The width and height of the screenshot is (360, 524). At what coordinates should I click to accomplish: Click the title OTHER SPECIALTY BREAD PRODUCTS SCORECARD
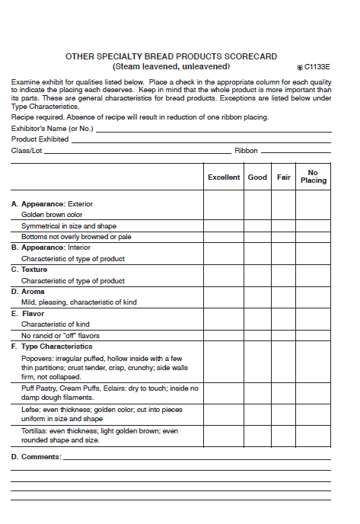[171, 56]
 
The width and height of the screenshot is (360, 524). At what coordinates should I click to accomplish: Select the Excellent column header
[224, 177]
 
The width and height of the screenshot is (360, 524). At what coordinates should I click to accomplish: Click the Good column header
[257, 177]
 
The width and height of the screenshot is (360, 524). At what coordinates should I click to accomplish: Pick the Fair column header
[283, 177]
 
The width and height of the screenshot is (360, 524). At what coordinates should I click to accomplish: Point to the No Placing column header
[313, 177]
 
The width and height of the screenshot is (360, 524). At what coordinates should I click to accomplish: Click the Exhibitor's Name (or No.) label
[52, 129]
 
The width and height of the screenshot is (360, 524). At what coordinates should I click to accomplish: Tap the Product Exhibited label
[40, 139]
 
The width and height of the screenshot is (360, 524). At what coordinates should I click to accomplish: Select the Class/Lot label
[27, 151]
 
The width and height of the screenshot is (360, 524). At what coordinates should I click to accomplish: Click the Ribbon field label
[246, 151]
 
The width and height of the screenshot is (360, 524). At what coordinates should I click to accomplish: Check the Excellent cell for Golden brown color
[224, 215]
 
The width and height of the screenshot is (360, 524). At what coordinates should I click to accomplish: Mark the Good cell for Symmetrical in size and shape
[257, 226]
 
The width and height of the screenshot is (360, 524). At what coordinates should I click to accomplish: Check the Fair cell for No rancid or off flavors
[283, 335]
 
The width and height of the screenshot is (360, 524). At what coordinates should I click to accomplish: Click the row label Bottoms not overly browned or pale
[76, 237]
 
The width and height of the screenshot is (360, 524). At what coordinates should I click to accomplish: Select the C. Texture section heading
[30, 270]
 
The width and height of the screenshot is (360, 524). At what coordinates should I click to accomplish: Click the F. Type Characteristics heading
[52, 347]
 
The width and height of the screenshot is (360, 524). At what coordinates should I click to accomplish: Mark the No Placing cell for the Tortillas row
[313, 436]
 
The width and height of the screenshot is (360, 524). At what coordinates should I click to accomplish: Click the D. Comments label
[36, 457]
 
